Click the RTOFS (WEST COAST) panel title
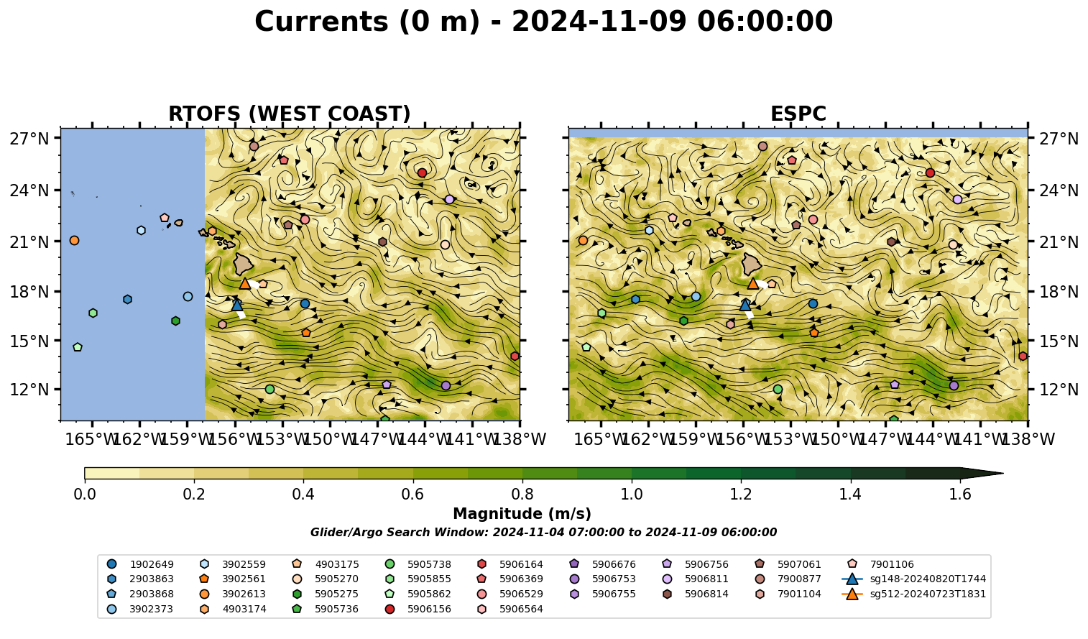pyautogui.click(x=290, y=114)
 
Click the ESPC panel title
pyautogui.click(x=798, y=114)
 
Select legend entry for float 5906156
pyautogui.click(x=420, y=609)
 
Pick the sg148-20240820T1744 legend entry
pyautogui.click(x=913, y=579)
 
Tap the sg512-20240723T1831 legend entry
pyautogui.click(x=913, y=594)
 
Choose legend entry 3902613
pyautogui.click(x=234, y=594)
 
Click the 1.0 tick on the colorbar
pyautogui.click(x=632, y=495)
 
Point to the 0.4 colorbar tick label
pyautogui.click(x=303, y=495)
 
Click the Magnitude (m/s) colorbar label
pyautogui.click(x=522, y=514)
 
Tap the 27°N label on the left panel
pyautogui.click(x=29, y=139)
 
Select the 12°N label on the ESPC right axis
pyautogui.click(x=1059, y=390)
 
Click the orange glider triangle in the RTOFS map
pyautogui.click(x=245, y=284)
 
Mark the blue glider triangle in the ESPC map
pyautogui.click(x=745, y=305)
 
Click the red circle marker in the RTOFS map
pyautogui.click(x=422, y=173)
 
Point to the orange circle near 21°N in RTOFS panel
pyautogui.click(x=74, y=241)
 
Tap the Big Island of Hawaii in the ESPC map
pyautogui.click(x=752, y=264)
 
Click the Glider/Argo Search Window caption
pyautogui.click(x=543, y=533)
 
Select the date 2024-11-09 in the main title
pyautogui.click(x=599, y=22)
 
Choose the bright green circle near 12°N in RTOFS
pyautogui.click(x=270, y=390)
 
